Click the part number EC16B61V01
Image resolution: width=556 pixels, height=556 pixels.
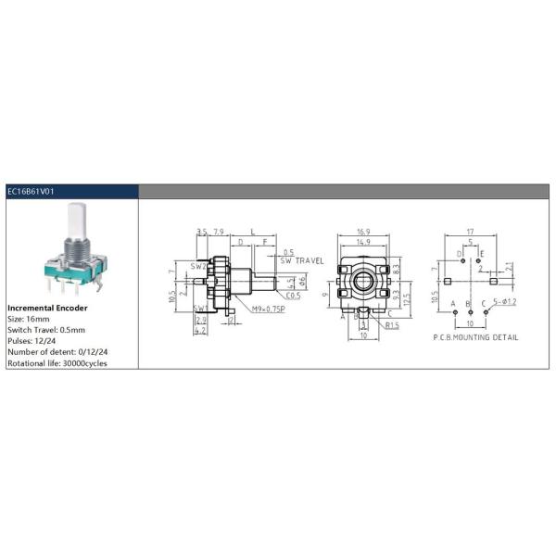(32, 191)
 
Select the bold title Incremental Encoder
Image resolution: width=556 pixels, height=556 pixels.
(47, 307)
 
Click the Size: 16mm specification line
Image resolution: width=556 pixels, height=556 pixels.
(27, 318)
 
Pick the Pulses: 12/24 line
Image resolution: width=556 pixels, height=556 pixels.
(32, 340)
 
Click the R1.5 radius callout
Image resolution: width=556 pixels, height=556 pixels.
(392, 326)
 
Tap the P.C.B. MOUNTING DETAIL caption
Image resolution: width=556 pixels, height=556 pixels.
(474, 337)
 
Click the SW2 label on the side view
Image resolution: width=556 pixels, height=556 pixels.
(197, 266)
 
